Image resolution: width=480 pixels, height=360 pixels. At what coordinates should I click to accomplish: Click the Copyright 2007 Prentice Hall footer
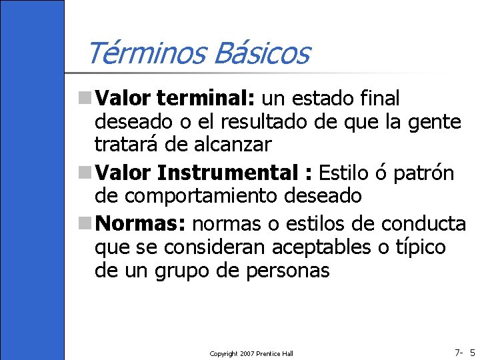click(x=251, y=353)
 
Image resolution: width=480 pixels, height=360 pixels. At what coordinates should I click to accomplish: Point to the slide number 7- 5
click(x=464, y=352)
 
